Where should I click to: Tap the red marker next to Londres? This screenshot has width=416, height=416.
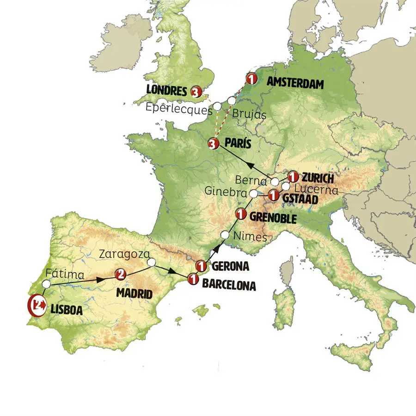tap(196, 92)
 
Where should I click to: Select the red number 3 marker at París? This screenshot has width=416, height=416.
tap(213, 144)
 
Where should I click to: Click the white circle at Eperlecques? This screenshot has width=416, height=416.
tap(217, 106)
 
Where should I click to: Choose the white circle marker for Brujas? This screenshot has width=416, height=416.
tap(232, 100)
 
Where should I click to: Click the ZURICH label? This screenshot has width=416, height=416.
tap(317, 177)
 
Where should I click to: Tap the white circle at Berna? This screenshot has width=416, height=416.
tap(275, 181)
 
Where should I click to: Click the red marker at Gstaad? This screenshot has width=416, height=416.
tap(274, 196)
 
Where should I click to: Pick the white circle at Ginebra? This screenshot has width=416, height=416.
tap(254, 193)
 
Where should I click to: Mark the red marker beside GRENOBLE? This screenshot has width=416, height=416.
tap(241, 214)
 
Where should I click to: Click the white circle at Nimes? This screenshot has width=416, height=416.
tap(225, 235)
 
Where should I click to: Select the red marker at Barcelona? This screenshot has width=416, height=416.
tap(193, 279)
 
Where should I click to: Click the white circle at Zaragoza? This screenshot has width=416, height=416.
tap(151, 263)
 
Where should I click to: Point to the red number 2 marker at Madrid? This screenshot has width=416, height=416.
tap(120, 275)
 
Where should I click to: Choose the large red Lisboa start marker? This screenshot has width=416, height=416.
tap(36, 305)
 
